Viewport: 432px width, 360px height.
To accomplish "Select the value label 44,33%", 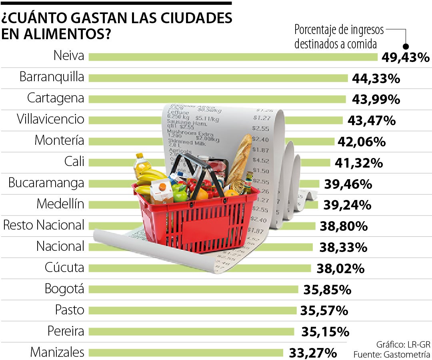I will tap(376, 78).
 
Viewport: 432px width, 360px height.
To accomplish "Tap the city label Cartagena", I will tap(56, 98).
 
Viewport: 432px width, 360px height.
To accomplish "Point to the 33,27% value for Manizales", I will tap(312, 353).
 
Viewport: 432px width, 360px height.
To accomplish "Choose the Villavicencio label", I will tap(50, 119).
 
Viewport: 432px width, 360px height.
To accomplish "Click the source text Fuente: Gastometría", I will tap(392, 354).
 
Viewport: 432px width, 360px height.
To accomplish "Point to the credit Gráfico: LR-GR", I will tap(403, 344).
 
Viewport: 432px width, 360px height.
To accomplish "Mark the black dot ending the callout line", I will tap(406, 46).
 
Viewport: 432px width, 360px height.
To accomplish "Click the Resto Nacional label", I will tap(44, 225).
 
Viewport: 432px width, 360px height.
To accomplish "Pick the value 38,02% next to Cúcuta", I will tap(340, 268).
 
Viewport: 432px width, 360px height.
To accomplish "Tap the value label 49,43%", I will tap(405, 57).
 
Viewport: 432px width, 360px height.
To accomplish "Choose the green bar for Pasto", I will tap(192, 310).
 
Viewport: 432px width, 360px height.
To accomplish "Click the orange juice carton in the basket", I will tap(162, 192).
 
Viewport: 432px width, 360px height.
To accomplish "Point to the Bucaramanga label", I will tap(46, 183).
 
